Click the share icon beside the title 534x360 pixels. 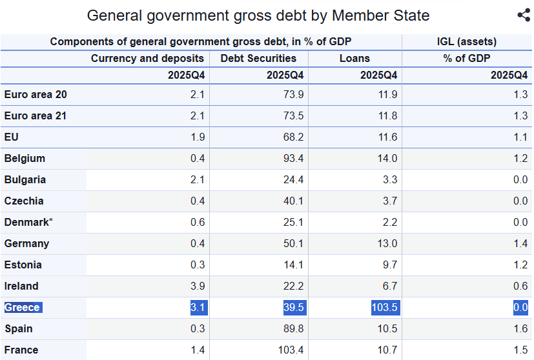(524, 15)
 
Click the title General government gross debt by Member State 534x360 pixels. (258, 15)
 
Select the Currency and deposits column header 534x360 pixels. (147, 58)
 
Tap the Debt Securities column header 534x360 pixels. (258, 58)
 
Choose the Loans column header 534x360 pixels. (354, 58)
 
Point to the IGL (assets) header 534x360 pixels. (466, 42)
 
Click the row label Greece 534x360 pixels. (23, 307)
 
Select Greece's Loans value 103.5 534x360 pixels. (385, 307)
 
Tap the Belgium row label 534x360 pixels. (25, 158)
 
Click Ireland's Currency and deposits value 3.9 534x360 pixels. (198, 286)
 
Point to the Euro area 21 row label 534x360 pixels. (36, 116)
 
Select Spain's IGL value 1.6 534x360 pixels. (520, 328)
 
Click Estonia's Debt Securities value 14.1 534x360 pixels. (293, 265)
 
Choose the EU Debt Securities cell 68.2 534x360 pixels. (293, 137)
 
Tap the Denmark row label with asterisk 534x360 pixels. (28, 222)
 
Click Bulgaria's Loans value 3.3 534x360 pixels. (390, 179)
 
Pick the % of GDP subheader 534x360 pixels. (466, 58)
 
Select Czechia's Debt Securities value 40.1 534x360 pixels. (293, 201)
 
